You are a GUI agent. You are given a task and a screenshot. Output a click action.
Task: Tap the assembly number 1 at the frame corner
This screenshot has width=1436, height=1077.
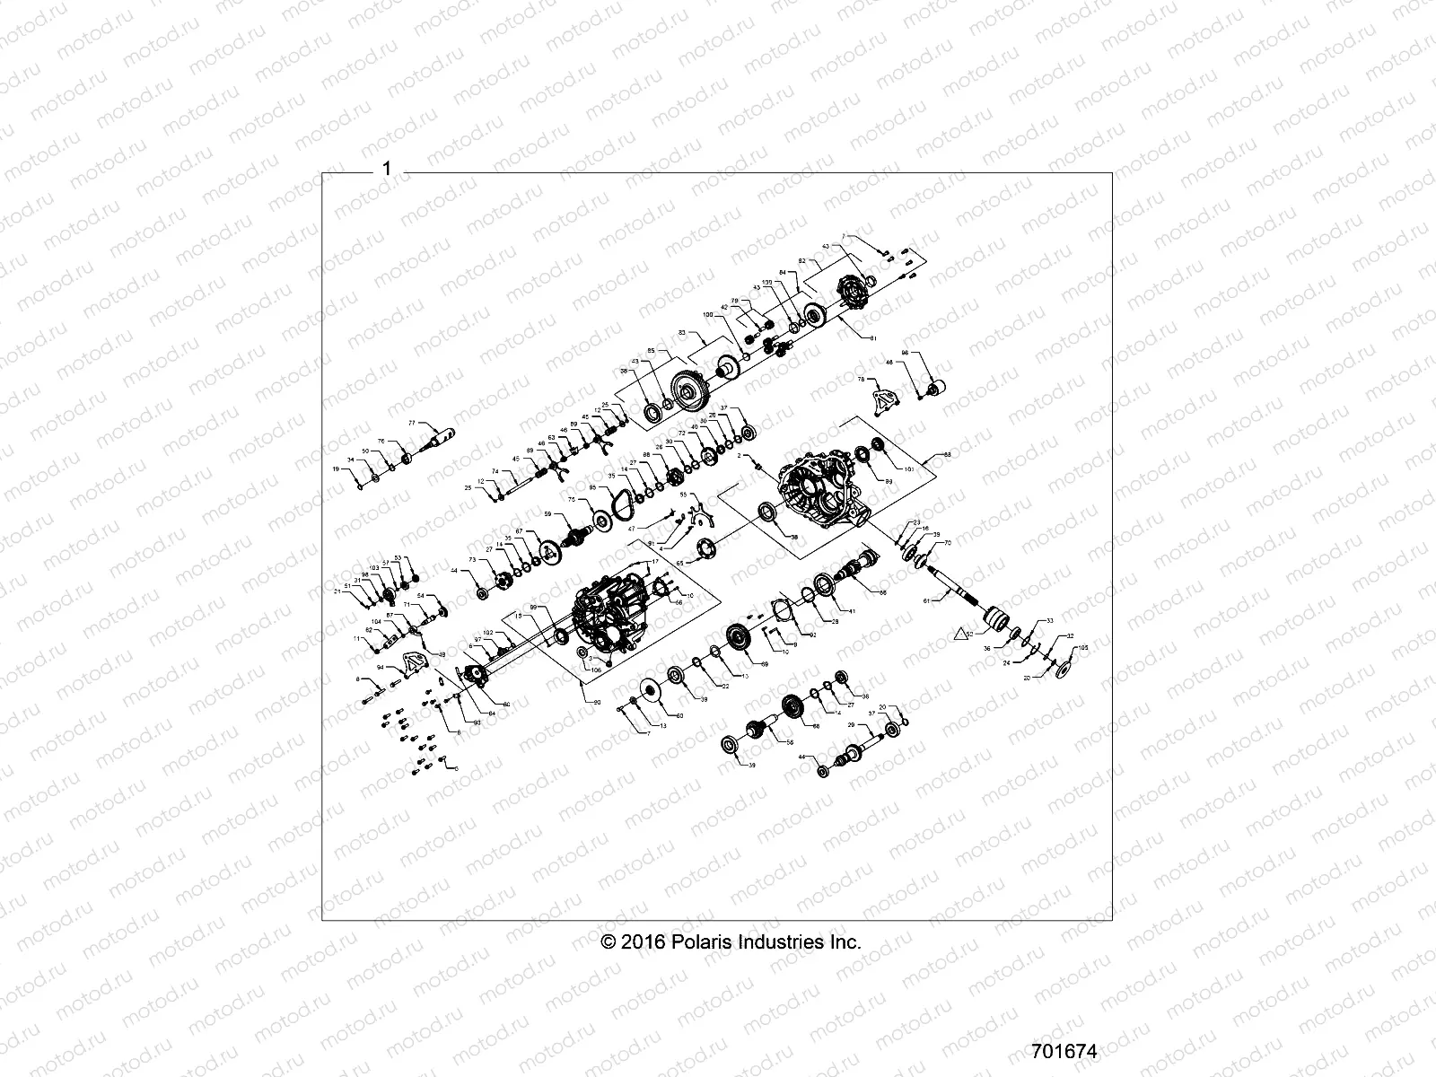[x=387, y=169]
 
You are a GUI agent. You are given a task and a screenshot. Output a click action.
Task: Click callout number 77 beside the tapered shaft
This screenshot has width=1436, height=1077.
[x=413, y=423]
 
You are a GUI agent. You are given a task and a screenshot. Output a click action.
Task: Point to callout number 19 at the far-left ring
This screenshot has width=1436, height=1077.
[x=337, y=469]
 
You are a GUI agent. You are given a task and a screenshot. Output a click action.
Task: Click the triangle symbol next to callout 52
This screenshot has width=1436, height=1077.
[x=960, y=635]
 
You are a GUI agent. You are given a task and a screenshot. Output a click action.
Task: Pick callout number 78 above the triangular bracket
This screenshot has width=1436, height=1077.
[x=862, y=381]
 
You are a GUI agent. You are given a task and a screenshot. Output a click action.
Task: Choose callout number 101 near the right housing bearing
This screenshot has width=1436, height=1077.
[x=908, y=469]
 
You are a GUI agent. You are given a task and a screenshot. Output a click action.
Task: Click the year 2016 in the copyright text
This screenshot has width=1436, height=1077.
[x=644, y=942]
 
